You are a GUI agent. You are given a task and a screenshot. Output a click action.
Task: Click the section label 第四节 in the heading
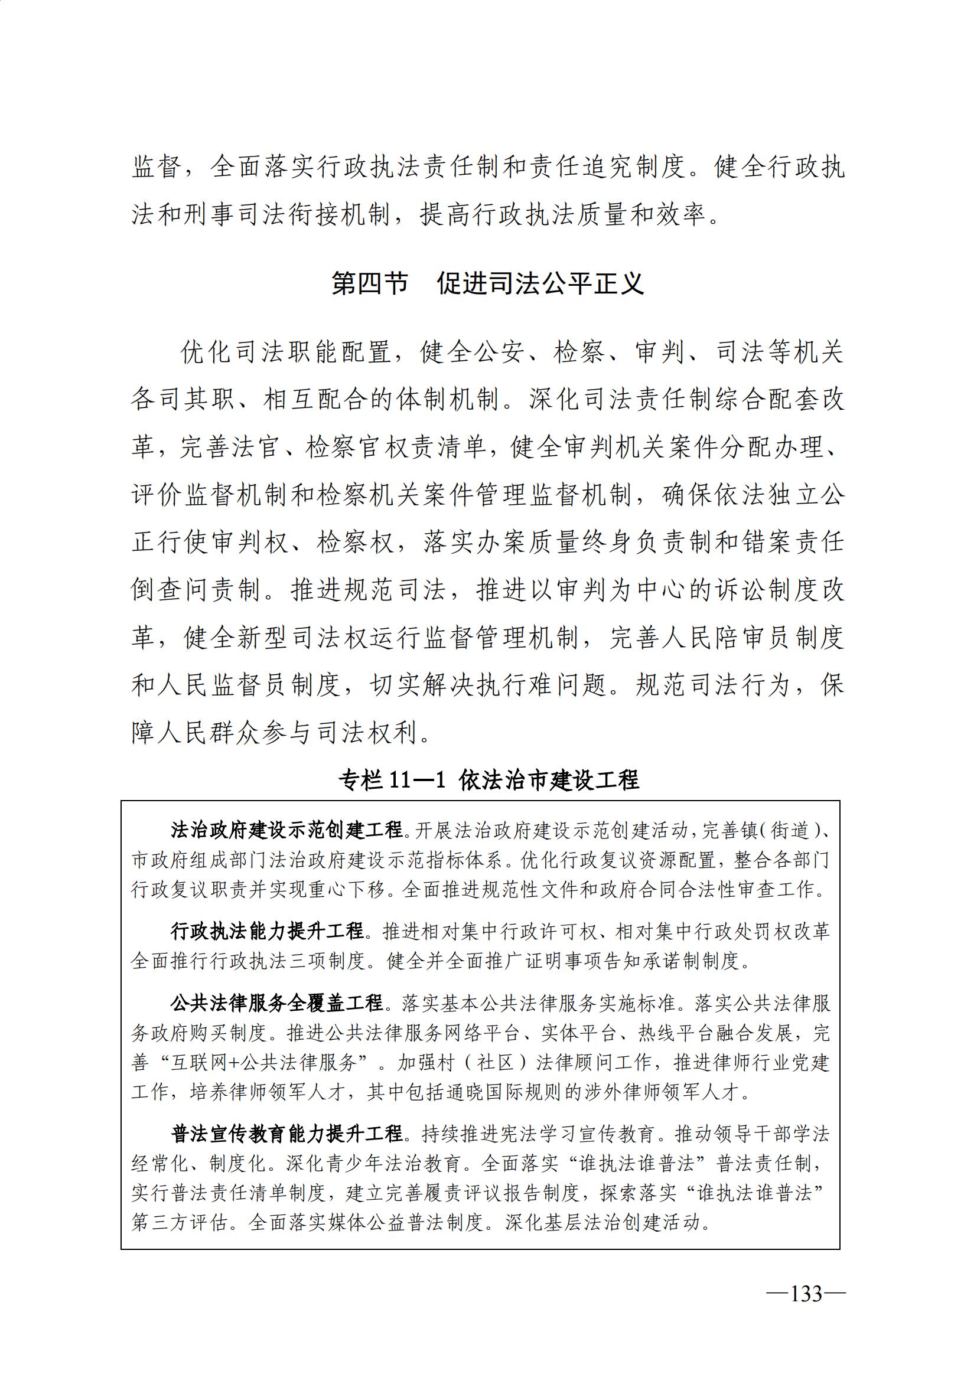tap(369, 283)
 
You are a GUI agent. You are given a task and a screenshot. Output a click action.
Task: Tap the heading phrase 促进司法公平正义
tap(540, 283)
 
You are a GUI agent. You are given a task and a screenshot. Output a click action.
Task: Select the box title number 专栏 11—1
tap(392, 780)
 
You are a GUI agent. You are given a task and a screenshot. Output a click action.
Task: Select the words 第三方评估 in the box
tap(180, 1223)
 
